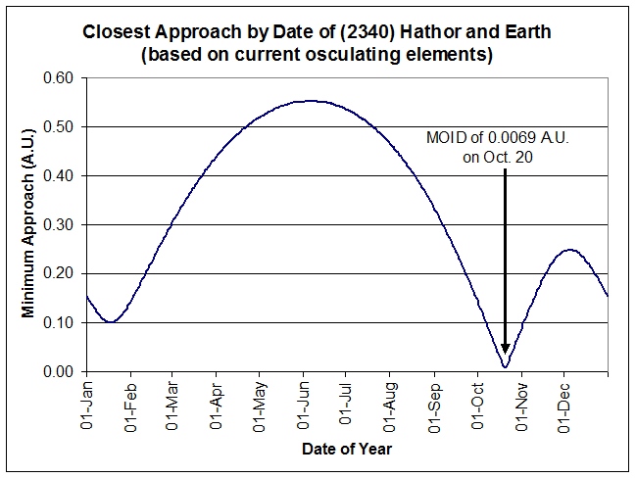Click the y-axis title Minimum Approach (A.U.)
[28, 224]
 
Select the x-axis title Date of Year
[347, 449]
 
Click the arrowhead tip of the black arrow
[505, 354]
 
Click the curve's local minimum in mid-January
[112, 321]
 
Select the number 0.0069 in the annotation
[494, 138]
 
